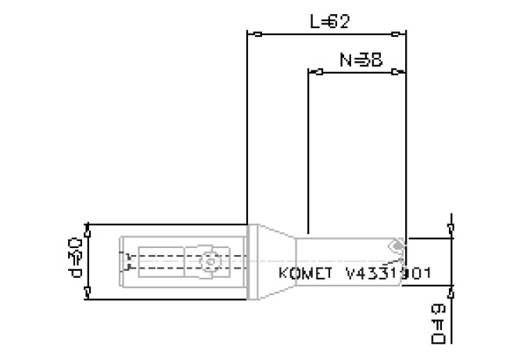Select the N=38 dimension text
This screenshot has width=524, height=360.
coord(361,59)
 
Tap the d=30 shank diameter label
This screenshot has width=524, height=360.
coord(76,260)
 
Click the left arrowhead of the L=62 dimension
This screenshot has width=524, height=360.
coord(253,34)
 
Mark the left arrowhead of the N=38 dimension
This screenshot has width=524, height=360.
coord(314,72)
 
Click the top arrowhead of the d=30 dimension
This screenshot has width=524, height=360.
coord(89,229)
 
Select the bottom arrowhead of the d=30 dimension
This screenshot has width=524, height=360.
coord(89,293)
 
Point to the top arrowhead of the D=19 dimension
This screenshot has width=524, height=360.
coord(451,229)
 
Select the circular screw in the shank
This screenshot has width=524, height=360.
coord(207,261)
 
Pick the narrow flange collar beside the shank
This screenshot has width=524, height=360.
coord(253,261)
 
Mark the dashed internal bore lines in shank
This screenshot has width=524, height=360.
coord(156,261)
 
